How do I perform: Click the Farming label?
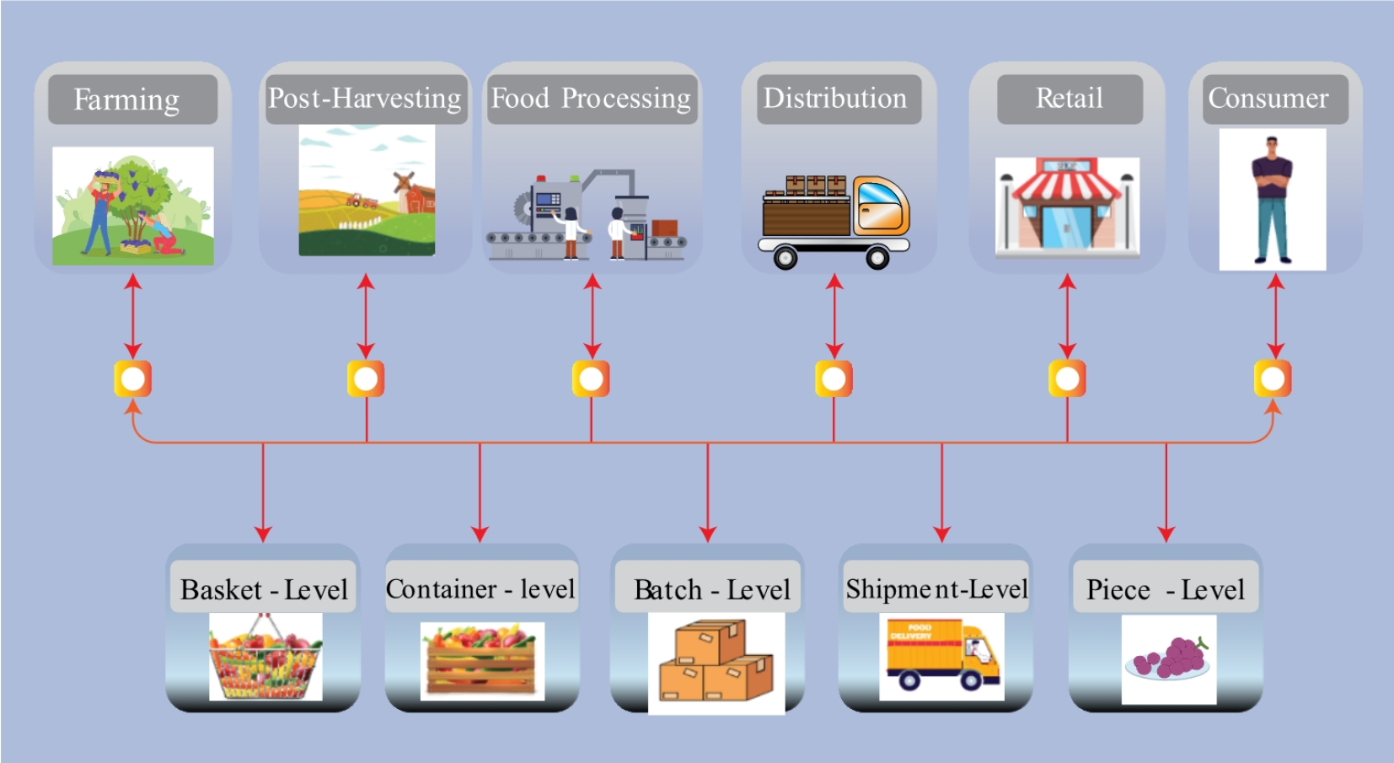126,99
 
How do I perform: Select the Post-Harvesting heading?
365,99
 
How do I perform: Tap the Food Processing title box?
591,99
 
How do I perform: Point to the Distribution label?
835,99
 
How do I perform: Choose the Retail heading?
1069,99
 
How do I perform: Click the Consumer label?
1268,99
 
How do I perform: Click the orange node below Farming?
133,379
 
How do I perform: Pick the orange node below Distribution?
834,379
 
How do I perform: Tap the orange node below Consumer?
1273,379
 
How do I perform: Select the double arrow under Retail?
1067,315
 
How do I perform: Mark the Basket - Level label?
264,589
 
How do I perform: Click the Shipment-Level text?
936,588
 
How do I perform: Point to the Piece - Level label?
1165,589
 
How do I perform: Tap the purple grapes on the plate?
1171,658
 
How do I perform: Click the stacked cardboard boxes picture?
716,663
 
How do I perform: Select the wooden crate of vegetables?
481,662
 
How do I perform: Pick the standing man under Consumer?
1272,200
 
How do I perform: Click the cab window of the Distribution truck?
879,199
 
